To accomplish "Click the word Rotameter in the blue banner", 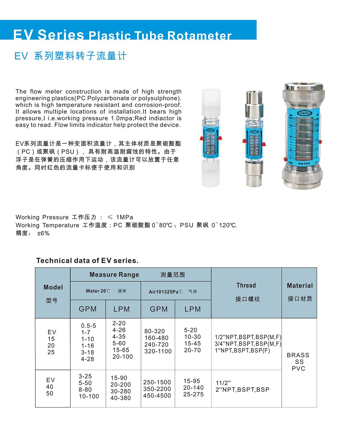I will [199, 35].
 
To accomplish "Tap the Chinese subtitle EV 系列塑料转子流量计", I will [70, 56].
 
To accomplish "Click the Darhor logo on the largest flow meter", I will [304, 113].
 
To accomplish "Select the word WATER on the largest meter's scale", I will [304, 164].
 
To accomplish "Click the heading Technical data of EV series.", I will [87, 260].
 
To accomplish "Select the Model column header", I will [53, 287].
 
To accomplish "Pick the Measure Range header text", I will [114, 275].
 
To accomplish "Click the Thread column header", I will [246, 285].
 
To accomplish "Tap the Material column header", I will [299, 286].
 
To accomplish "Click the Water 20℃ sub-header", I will [98, 291].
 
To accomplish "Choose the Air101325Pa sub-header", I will [165, 292].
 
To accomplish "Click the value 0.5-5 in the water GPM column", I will [88, 326].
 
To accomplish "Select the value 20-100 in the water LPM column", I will [122, 356].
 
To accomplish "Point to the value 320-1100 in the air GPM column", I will [158, 351].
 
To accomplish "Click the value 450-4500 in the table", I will [157, 395].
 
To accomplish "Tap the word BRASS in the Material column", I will [298, 355].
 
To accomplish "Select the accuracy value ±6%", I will [43, 233].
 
